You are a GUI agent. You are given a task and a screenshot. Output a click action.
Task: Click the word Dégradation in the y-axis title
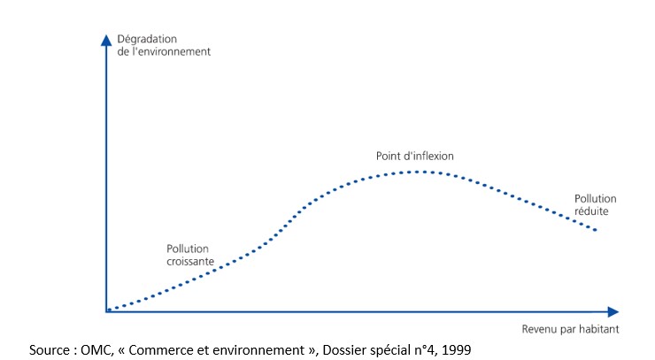coord(146,39)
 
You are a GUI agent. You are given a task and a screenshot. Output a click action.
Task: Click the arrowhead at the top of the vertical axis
coord(106,39)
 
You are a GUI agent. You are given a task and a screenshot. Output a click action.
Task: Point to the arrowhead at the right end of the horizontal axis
coord(613,311)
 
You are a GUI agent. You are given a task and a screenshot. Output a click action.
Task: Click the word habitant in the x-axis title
coord(598,329)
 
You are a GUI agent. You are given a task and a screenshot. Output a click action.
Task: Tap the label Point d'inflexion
coord(415,156)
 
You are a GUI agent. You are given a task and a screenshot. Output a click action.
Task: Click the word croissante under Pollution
coord(189,261)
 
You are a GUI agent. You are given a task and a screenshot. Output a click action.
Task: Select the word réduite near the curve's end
coord(592,211)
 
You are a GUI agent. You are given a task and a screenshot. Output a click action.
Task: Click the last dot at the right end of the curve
coord(597,231)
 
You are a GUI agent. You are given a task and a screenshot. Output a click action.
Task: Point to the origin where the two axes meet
coord(106,310)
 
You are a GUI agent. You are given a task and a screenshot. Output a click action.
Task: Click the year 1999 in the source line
coord(453,349)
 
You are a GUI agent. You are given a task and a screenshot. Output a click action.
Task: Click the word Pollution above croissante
coord(188,249)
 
